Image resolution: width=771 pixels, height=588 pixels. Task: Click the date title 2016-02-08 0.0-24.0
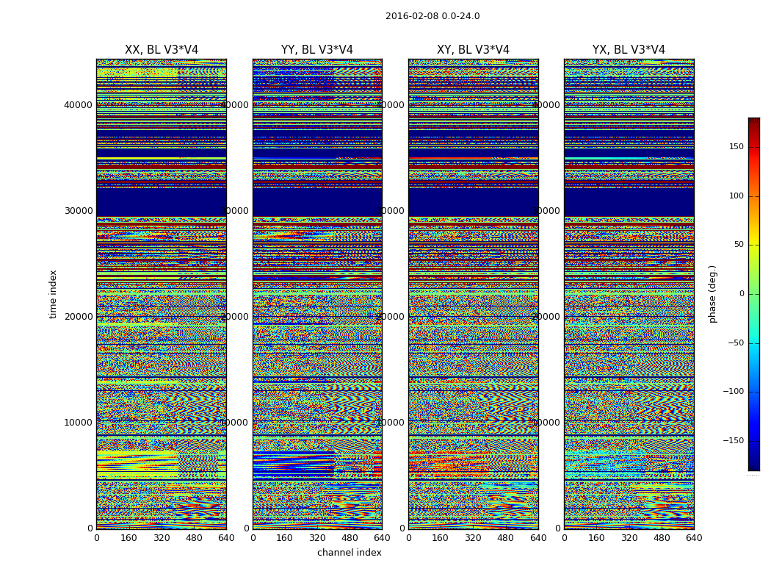pyautogui.click(x=432, y=16)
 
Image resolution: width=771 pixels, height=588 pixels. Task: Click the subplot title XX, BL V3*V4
pyautogui.click(x=162, y=50)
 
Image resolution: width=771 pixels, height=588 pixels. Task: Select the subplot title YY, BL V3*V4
pyautogui.click(x=317, y=50)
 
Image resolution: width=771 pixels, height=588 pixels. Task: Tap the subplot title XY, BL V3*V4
pyautogui.click(x=473, y=50)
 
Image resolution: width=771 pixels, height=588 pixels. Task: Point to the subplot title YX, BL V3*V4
pyautogui.click(x=629, y=50)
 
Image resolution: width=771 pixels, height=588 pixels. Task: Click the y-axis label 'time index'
pyautogui.click(x=53, y=294)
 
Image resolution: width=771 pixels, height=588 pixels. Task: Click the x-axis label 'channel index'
pyautogui.click(x=350, y=553)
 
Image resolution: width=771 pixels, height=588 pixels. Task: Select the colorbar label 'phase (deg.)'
pyautogui.click(x=712, y=294)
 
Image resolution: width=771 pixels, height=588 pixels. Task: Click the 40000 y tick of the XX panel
pyautogui.click(x=79, y=105)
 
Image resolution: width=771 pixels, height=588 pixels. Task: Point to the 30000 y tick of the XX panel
pyautogui.click(x=79, y=211)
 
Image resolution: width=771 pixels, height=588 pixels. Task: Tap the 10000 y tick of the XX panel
pyautogui.click(x=79, y=423)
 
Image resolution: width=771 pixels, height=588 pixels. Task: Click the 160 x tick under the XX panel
pyautogui.click(x=128, y=538)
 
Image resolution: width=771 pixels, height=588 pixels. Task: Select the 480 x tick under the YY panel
pyautogui.click(x=350, y=538)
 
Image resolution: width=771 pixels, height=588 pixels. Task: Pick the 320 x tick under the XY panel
pyautogui.click(x=473, y=538)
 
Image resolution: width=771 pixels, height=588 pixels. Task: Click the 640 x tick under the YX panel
pyautogui.click(x=694, y=538)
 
